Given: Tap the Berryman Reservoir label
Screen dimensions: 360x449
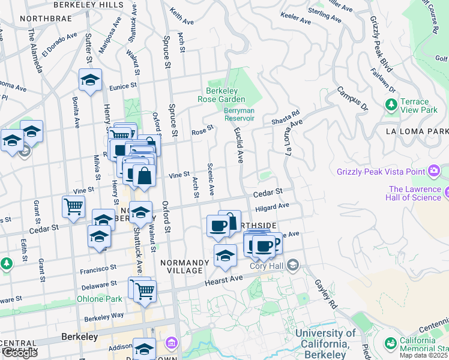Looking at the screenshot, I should [239, 114].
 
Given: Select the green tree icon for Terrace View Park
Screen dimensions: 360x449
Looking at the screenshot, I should [392, 106].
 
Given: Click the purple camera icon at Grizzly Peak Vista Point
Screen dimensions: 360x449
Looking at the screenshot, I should [433, 172].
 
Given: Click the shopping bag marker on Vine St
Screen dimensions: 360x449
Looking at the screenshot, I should [144, 176].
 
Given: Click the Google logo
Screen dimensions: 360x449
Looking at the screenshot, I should [19, 353].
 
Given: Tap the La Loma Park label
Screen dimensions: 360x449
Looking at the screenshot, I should [417, 131].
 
